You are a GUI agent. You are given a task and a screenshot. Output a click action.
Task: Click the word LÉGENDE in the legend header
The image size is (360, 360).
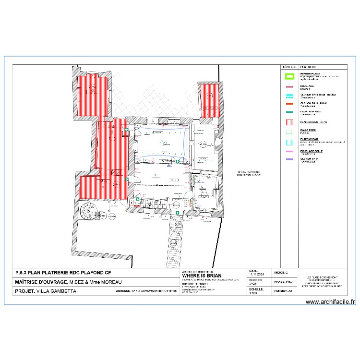[x=289, y=68]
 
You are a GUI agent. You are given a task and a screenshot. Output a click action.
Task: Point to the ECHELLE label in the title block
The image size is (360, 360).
[x=256, y=289]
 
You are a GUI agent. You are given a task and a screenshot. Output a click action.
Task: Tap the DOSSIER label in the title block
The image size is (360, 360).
[x=256, y=280]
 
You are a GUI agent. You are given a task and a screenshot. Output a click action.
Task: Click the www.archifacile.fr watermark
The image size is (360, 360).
[x=330, y=302]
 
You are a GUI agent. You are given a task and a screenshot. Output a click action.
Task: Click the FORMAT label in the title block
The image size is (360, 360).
[x=280, y=291]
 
